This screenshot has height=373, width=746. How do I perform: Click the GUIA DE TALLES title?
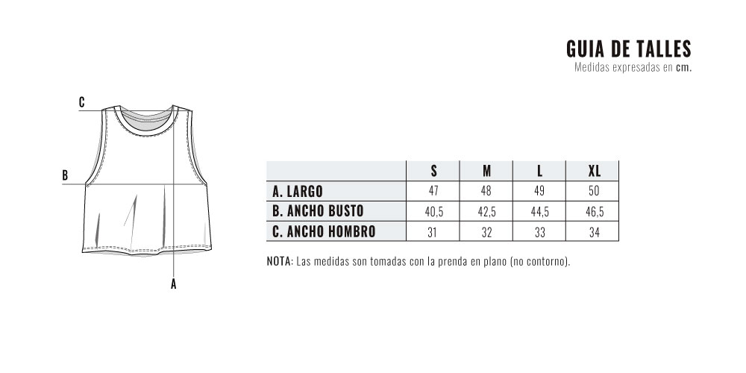pyautogui.click(x=628, y=49)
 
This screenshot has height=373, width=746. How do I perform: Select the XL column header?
pyautogui.click(x=595, y=171)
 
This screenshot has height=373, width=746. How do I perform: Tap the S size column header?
pyautogui.click(x=433, y=171)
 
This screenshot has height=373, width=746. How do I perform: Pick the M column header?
pyautogui.click(x=486, y=171)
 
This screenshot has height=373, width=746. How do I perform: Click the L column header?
pyautogui.click(x=539, y=171)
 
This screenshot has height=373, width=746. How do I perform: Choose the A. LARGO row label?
pyautogui.click(x=298, y=191)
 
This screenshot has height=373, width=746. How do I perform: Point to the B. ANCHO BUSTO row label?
pyautogui.click(x=318, y=211)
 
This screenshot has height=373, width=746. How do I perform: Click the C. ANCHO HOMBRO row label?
pyautogui.click(x=324, y=232)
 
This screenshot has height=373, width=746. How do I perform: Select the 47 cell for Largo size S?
pyautogui.click(x=433, y=191)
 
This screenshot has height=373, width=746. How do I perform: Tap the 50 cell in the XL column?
pyautogui.click(x=595, y=191)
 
